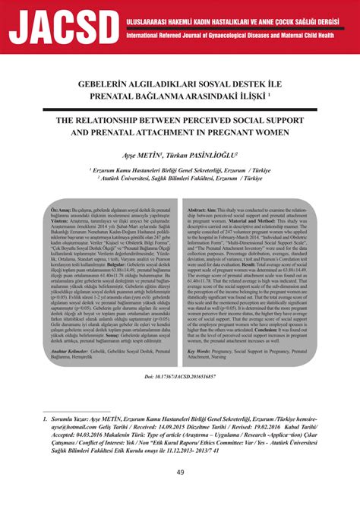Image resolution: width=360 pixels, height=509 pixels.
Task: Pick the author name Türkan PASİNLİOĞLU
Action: pyautogui.click(x=207, y=154)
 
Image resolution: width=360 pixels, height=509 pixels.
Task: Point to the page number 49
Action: pyautogui.click(x=180, y=494)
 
